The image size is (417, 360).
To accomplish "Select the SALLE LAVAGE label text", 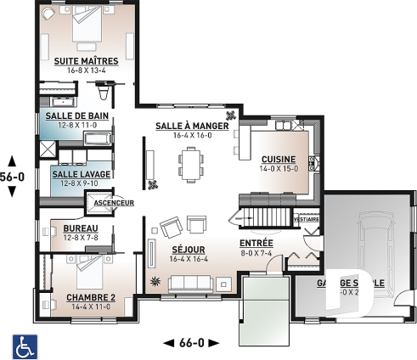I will pos(75,173).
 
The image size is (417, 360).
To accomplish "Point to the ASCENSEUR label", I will pos(113,204).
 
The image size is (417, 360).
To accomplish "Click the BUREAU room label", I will pos(81,228).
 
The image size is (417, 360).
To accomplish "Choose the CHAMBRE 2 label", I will pos(90,297).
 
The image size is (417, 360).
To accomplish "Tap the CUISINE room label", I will pos(279,159).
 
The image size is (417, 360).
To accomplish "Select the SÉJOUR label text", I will pos(189,250).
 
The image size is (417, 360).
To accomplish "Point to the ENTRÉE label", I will pos(256,242).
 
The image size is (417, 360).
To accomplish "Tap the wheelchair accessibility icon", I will pos(24,346).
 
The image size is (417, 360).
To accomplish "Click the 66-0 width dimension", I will pos(190,342).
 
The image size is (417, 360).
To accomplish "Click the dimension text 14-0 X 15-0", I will pos(279,168).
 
